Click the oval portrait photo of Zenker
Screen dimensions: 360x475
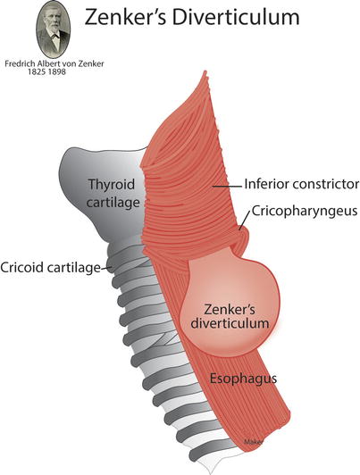(x=54, y=29)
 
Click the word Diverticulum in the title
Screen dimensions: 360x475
(x=236, y=17)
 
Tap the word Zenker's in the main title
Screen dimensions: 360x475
(x=125, y=17)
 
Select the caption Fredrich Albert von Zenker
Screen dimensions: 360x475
(x=54, y=64)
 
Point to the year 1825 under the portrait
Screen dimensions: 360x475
(x=37, y=71)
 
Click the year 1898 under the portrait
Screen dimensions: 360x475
(x=56, y=71)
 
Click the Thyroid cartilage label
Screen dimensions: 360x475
(x=112, y=193)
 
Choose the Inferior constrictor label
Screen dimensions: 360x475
(x=302, y=184)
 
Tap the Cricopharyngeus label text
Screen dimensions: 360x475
(x=305, y=211)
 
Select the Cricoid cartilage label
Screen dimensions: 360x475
(x=50, y=268)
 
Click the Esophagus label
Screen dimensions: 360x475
(x=243, y=379)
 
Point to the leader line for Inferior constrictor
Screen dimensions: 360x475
(x=227, y=187)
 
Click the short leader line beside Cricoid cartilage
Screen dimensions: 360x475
(x=105, y=268)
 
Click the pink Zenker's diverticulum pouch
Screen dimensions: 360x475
(x=230, y=306)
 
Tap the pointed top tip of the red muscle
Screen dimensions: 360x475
(x=205, y=71)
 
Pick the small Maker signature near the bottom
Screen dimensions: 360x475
(x=253, y=442)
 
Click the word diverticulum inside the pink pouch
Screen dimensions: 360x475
(x=230, y=323)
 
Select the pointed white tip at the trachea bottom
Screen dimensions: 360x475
(x=210, y=472)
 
